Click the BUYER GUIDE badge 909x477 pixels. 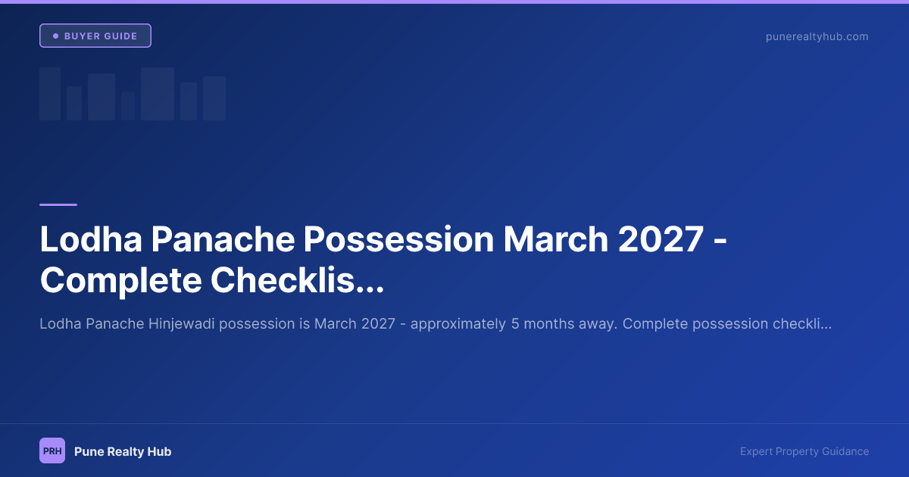coord(95,36)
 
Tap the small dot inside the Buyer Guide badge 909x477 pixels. coord(55,36)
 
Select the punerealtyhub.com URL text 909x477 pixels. coord(817,36)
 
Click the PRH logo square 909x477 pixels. coord(52,450)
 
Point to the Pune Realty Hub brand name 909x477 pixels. coord(123,451)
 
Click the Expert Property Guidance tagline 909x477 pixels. coord(804,451)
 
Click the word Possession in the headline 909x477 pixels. coord(399,240)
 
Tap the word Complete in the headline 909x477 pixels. coord(120,281)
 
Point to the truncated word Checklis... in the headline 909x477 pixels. coord(297,281)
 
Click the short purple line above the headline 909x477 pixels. coord(58,204)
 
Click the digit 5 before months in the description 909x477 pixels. coord(515,324)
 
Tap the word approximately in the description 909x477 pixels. coord(459,324)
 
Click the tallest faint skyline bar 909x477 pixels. coord(158,94)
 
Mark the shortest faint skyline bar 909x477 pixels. coord(128,106)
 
